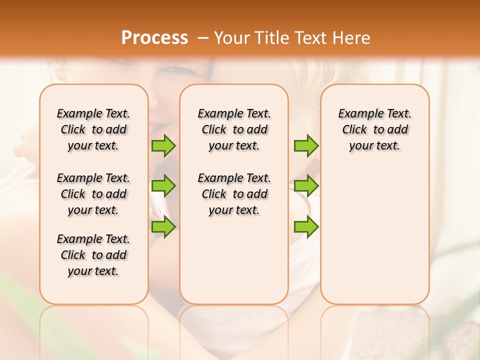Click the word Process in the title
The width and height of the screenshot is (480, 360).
coord(154,38)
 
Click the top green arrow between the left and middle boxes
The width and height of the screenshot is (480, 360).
coord(163,145)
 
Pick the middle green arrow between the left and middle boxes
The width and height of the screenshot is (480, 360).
coord(163,186)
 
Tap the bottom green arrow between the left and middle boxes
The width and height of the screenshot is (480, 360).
coord(163,226)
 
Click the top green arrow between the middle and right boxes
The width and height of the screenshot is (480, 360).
coord(306,145)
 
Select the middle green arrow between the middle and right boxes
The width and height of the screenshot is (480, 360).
coord(306,186)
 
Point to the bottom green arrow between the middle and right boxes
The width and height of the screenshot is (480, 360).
coord(306,226)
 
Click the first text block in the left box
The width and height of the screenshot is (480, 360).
coord(93,129)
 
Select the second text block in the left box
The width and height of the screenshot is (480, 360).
coord(93,194)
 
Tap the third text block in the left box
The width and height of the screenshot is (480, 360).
coord(93,255)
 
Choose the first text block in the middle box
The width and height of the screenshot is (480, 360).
coord(234,129)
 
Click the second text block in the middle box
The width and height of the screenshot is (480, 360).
coord(234,194)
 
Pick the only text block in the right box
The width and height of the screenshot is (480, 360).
coord(374,129)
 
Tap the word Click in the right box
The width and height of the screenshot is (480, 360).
coord(354,130)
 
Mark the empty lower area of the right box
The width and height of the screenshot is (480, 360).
coord(374,235)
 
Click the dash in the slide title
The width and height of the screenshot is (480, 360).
coord(202,38)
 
